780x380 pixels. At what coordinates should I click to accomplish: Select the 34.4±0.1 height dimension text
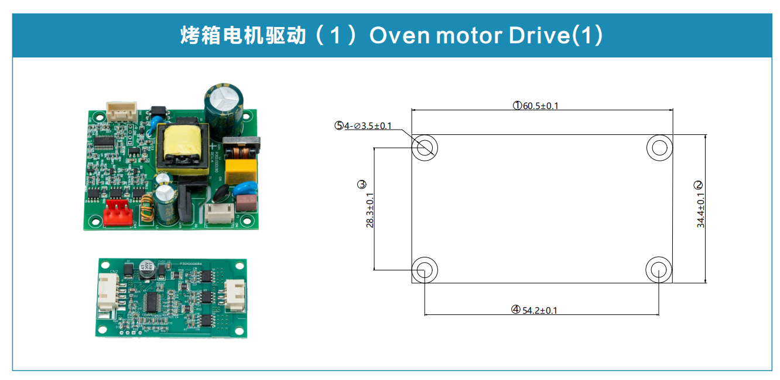click(x=701, y=210)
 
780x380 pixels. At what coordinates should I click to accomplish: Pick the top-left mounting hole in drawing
click(x=425, y=147)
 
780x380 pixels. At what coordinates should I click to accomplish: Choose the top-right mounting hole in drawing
click(x=659, y=147)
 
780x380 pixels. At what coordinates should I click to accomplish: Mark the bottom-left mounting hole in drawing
click(x=425, y=270)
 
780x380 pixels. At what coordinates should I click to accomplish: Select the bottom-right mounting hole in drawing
click(x=659, y=270)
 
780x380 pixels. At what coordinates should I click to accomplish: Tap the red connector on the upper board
click(x=116, y=213)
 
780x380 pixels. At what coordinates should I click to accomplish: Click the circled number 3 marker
click(x=361, y=184)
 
